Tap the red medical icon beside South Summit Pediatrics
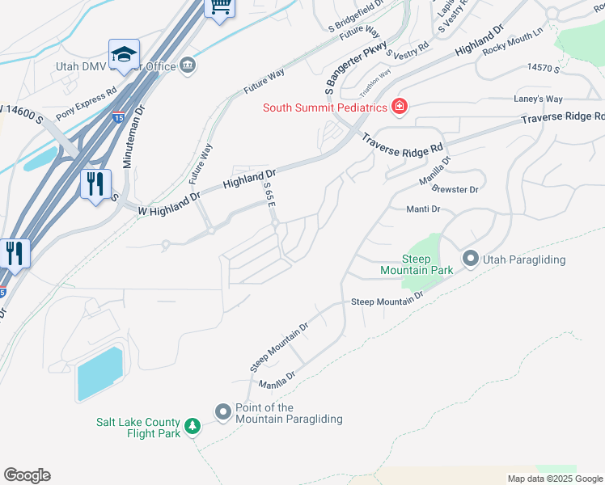(398, 107)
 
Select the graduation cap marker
(124, 54)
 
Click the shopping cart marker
(220, 7)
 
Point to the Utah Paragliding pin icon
(471, 259)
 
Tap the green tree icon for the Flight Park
(192, 426)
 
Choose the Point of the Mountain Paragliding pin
(223, 412)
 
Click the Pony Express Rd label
(87, 101)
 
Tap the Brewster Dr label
(455, 189)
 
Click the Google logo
(27, 475)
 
